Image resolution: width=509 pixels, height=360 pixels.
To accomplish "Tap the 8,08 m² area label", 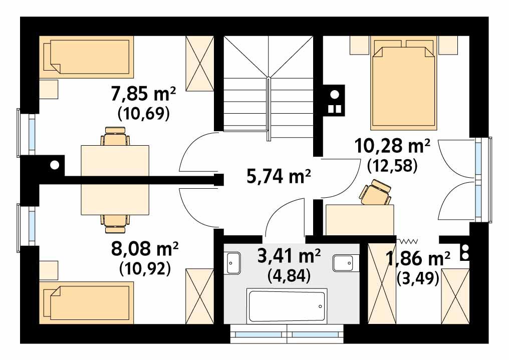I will tap(146, 249).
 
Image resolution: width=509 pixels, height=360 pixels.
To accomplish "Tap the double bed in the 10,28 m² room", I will tap(402, 88).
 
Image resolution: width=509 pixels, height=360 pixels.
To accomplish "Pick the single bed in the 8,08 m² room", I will tap(88, 302).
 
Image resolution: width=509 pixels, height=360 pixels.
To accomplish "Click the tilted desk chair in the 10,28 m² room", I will tap(375, 194).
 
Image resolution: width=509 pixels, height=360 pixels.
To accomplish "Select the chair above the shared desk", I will tap(115, 137).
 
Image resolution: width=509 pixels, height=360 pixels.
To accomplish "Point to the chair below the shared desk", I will tap(115, 222).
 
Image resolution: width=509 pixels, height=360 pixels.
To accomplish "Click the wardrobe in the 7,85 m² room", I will tap(199, 62).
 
